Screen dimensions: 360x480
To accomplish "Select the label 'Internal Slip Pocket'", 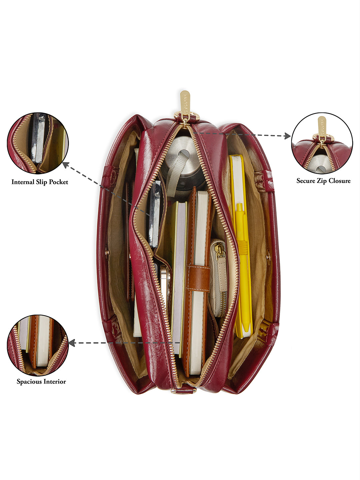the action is [x=40, y=182].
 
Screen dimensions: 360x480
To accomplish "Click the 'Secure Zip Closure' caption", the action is [x=323, y=181].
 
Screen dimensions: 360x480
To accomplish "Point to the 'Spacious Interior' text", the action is [x=41, y=382].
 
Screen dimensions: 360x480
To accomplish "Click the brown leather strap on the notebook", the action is [x=198, y=278].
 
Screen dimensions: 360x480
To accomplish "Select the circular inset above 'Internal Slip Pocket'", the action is [x=38, y=143].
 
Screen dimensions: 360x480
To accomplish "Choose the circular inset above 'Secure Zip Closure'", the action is [x=322, y=143].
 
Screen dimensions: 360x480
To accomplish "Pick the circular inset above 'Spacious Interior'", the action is [x=38, y=346].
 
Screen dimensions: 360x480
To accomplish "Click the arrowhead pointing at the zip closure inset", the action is [x=287, y=136].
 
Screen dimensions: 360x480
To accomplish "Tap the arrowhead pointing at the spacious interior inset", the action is [x=72, y=343].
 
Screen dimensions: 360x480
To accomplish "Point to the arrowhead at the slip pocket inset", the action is [x=66, y=165].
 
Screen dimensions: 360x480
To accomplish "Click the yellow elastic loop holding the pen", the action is [x=243, y=247].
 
